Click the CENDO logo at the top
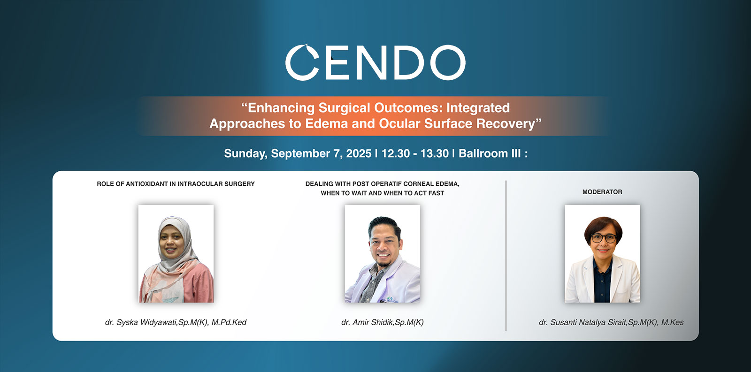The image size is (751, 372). point(375,62)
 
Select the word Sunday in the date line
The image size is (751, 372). point(245,154)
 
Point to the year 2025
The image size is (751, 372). point(359,153)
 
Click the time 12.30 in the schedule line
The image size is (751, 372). point(396,153)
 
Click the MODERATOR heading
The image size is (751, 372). point(602,192)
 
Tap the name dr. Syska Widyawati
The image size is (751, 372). point(140,322)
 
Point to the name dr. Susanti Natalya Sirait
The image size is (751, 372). point(582,322)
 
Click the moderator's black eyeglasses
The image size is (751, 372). point(604,238)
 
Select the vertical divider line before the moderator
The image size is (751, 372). point(506,256)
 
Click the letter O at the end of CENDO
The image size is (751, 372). point(448,62)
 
